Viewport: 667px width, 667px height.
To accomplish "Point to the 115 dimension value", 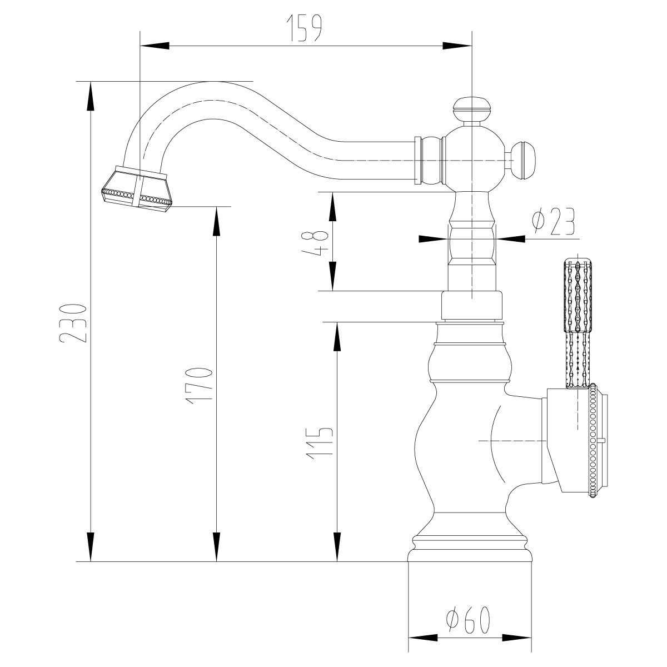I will pyautogui.click(x=320, y=443).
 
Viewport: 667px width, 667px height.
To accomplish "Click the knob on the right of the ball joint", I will pyautogui.click(x=522, y=161).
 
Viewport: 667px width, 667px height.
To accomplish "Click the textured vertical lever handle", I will pyautogui.click(x=579, y=322).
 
